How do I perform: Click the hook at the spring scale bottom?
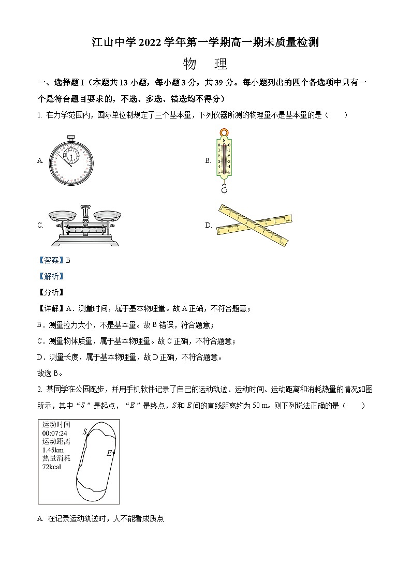(224, 187)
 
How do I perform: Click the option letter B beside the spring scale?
(208, 161)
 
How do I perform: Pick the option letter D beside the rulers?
(208, 225)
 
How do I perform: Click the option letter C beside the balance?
(40, 225)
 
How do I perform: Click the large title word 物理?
(205, 64)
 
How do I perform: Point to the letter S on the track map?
(85, 431)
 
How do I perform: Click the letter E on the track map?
(109, 453)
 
